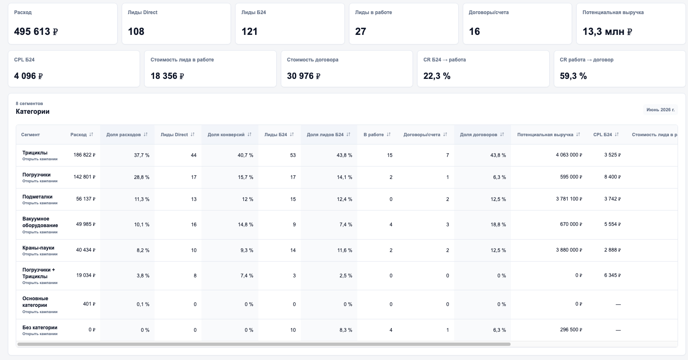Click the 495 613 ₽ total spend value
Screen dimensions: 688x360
36,31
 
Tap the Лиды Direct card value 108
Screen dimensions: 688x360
136,31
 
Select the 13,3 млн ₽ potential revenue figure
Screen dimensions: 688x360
607,31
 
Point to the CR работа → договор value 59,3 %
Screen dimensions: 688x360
573,76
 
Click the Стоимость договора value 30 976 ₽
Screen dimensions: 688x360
303,76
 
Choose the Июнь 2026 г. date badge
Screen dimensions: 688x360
661,110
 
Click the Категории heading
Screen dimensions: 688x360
32,111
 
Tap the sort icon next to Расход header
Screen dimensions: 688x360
91,135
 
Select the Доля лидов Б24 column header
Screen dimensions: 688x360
325,135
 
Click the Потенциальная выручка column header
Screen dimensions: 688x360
545,135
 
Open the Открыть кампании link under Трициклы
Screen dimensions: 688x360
40,159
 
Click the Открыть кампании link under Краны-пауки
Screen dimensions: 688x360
40,254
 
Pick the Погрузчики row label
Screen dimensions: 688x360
37,175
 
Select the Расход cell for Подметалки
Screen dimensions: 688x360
86,199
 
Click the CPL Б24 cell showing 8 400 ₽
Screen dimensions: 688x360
612,177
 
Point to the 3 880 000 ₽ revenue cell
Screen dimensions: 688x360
569,250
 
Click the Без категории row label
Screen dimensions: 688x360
40,328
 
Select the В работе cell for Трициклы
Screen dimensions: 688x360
390,155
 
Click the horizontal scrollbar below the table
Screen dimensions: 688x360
264,344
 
